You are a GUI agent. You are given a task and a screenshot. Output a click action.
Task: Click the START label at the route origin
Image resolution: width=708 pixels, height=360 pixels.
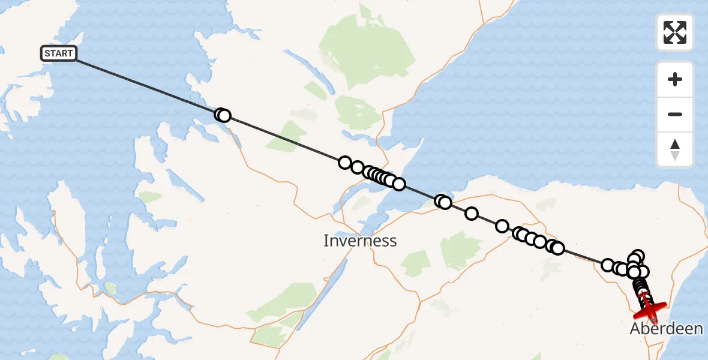click(x=58, y=53)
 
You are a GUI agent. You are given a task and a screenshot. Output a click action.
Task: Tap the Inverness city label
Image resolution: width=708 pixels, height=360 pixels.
click(x=360, y=241)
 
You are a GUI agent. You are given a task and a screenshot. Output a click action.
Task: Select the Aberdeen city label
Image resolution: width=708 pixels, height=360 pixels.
click(x=666, y=328)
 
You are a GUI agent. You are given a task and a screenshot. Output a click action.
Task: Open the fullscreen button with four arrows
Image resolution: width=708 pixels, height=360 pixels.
click(x=675, y=32)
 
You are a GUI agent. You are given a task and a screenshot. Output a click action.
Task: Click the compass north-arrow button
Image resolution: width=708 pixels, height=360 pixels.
click(x=675, y=149)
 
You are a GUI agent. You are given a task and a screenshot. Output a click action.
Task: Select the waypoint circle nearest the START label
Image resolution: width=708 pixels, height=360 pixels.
click(x=221, y=115)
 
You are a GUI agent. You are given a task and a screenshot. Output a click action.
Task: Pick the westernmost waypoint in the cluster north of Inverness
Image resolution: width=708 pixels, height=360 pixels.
click(x=345, y=163)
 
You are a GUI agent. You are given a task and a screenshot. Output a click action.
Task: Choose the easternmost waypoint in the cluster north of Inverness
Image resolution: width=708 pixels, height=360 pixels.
click(x=398, y=184)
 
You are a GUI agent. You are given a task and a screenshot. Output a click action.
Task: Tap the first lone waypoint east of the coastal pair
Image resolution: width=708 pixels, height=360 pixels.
click(x=472, y=214)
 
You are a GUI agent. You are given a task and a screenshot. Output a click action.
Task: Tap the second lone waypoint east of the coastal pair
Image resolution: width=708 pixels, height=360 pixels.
click(x=502, y=226)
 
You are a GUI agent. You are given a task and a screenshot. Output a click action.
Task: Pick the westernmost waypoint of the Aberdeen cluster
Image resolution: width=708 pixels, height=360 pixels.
click(x=608, y=265)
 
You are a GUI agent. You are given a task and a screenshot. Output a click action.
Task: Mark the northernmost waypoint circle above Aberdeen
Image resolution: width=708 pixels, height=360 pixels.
click(x=638, y=256)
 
